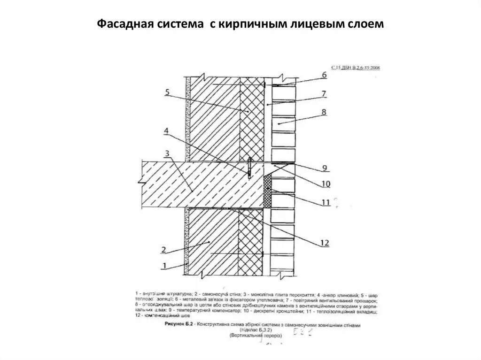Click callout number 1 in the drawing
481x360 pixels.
[x=165, y=266]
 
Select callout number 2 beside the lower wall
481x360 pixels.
[x=163, y=249]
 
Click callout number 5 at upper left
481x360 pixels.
[x=167, y=92]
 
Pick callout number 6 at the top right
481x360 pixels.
[x=324, y=75]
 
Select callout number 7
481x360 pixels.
[x=324, y=93]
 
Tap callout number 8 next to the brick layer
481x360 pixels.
[x=324, y=112]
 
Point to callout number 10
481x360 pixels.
[x=325, y=183]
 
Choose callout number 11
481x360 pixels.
[x=325, y=202]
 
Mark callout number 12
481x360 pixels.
[x=324, y=243]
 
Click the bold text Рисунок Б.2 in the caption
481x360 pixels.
[x=179, y=324]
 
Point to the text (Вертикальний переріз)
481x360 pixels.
[x=256, y=336]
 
